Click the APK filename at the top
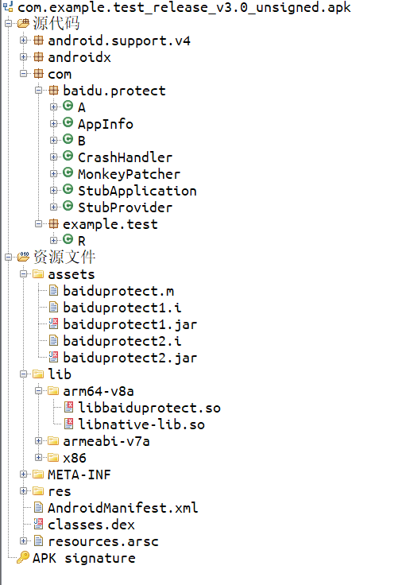point(184,7)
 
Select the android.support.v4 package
point(119,41)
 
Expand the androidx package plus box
point(24,56)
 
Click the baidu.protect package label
point(114,91)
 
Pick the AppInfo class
point(106,124)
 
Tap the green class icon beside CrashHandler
point(68,156)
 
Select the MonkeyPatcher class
point(129,174)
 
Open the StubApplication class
point(137,191)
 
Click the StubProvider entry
point(125,207)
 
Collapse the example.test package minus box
point(38,223)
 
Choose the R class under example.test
point(82,241)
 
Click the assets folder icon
point(38,274)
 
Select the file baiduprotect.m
point(118,291)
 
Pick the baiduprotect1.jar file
point(130,324)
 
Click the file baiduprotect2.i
point(122,341)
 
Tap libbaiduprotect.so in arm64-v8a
point(149,408)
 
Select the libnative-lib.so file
point(141,424)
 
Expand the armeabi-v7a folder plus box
point(38,440)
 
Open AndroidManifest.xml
point(122,508)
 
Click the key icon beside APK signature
point(23,558)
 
